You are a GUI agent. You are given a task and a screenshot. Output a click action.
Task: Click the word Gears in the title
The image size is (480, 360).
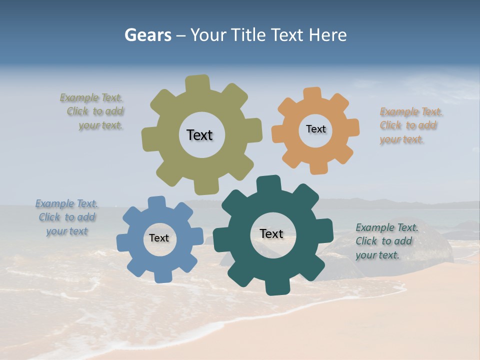coord(147,35)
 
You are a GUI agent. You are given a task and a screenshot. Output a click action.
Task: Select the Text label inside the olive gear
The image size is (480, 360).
coord(199,135)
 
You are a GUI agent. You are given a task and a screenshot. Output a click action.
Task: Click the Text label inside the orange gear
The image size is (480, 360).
coord(315,129)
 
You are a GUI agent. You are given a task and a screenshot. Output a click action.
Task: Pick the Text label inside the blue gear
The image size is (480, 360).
coord(159,238)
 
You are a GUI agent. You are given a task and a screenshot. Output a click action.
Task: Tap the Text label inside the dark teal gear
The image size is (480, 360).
coord(271,233)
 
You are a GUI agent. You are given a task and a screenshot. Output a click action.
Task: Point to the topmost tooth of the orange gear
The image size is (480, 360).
coord(312,93)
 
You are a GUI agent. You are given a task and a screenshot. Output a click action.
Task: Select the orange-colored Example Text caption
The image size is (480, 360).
coord(409,125)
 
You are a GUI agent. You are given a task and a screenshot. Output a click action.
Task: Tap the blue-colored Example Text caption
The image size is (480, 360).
coord(67,217)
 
